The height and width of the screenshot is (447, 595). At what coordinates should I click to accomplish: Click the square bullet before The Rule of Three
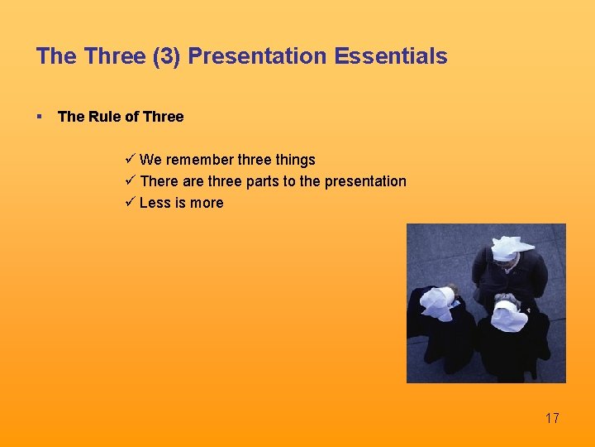tap(40, 117)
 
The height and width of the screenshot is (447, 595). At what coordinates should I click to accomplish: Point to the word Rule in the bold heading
tap(104, 117)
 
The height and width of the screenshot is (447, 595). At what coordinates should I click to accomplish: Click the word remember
tap(200, 160)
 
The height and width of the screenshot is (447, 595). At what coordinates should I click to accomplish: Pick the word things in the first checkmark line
tap(295, 160)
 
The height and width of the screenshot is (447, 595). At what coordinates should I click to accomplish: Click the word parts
tap(263, 181)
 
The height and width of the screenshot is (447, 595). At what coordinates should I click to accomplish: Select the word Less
tap(155, 203)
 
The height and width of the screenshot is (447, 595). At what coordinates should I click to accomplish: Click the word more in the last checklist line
tap(206, 203)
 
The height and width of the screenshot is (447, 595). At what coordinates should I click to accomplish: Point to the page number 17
tap(552, 418)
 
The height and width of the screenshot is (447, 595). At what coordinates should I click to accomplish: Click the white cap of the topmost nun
tap(512, 248)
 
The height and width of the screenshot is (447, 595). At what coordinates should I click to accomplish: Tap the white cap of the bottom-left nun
tap(436, 302)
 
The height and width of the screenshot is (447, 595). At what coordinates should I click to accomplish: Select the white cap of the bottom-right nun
tap(508, 315)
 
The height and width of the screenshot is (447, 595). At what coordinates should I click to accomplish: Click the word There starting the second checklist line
tap(159, 181)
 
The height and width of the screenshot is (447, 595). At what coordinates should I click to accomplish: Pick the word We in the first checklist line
tap(150, 160)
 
